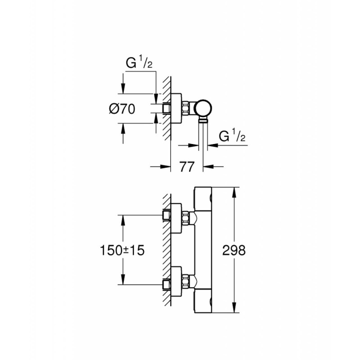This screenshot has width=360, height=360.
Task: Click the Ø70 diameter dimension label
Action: (x=122, y=109)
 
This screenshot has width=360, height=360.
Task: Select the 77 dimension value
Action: (x=187, y=166)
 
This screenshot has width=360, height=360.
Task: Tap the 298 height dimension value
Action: (x=234, y=250)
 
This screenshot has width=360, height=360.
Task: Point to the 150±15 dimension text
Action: (x=122, y=250)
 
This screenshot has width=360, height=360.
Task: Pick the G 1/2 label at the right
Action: (x=232, y=136)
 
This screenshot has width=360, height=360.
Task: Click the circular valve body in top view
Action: (x=203, y=108)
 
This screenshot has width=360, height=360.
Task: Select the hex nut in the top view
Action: (x=185, y=108)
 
